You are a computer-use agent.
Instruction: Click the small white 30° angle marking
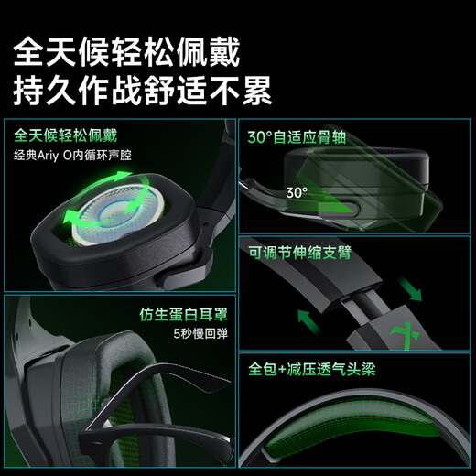click(296, 193)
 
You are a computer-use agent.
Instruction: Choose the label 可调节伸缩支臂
click(299, 251)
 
